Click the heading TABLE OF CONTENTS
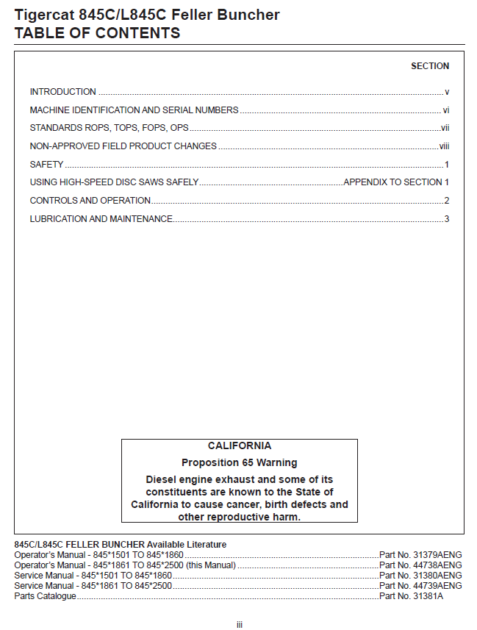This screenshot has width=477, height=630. tap(97, 33)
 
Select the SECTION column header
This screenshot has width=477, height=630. tap(430, 66)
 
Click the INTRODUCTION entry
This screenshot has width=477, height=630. tap(62, 92)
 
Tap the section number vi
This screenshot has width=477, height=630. tap(445, 110)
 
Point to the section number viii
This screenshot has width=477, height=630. tap(444, 146)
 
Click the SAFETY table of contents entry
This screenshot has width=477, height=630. tap(46, 165)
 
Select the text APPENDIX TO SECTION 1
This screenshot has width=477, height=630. tap(396, 182)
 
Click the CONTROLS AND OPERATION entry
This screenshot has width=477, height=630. tap(90, 201)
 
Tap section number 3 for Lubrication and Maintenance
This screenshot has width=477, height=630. tap(446, 219)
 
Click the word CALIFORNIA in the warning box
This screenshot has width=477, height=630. tap(239, 446)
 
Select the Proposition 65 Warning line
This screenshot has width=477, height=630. tap(239, 463)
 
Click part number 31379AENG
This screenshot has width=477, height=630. tap(437, 554)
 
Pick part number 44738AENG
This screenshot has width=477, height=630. tap(437, 565)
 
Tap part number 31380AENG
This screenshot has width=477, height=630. tap(437, 576)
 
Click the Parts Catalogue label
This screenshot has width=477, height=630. tap(45, 596)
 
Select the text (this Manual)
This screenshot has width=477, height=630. tap(210, 565)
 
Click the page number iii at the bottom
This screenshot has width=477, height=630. tap(239, 625)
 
